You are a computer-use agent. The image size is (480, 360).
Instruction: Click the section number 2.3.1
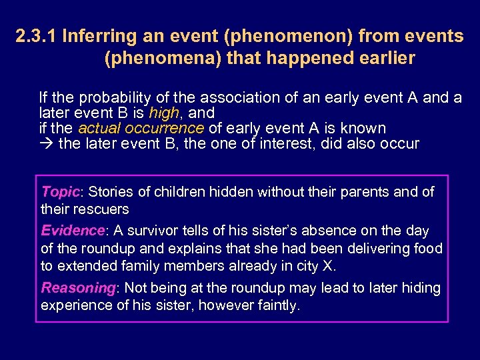click(x=36, y=37)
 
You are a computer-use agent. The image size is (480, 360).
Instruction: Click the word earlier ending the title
click(x=386, y=59)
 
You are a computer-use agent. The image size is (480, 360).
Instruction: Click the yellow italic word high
click(x=164, y=113)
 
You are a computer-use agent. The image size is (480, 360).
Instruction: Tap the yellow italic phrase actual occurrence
click(x=141, y=128)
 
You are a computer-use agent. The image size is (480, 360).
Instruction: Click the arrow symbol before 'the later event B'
click(x=47, y=143)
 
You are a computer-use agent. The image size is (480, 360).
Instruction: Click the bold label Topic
click(x=61, y=192)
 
